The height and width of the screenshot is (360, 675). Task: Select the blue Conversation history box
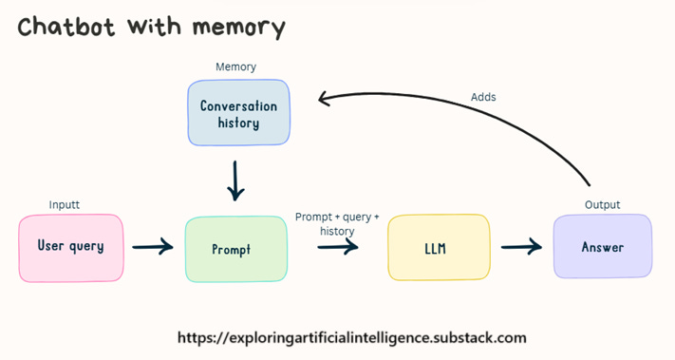coord(238,113)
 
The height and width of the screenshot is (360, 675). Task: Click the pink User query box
coord(70,247)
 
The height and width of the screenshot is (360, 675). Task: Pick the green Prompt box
coord(236,249)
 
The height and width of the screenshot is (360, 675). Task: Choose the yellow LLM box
coord(439,248)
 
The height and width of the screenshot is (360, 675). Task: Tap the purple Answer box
coord(603,247)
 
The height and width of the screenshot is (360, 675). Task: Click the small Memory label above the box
coord(235,67)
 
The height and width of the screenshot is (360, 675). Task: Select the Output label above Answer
coord(602,205)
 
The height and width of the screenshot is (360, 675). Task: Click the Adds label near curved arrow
coord(483,97)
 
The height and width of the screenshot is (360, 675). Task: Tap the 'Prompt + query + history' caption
coord(337,224)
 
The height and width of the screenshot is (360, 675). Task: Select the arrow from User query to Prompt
coord(153,248)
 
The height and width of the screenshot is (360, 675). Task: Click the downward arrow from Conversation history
coord(235,180)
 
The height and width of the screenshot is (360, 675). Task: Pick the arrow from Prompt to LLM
coord(338,248)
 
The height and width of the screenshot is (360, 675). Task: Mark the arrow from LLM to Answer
coord(521,248)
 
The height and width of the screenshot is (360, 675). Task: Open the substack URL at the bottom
coord(352,337)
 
